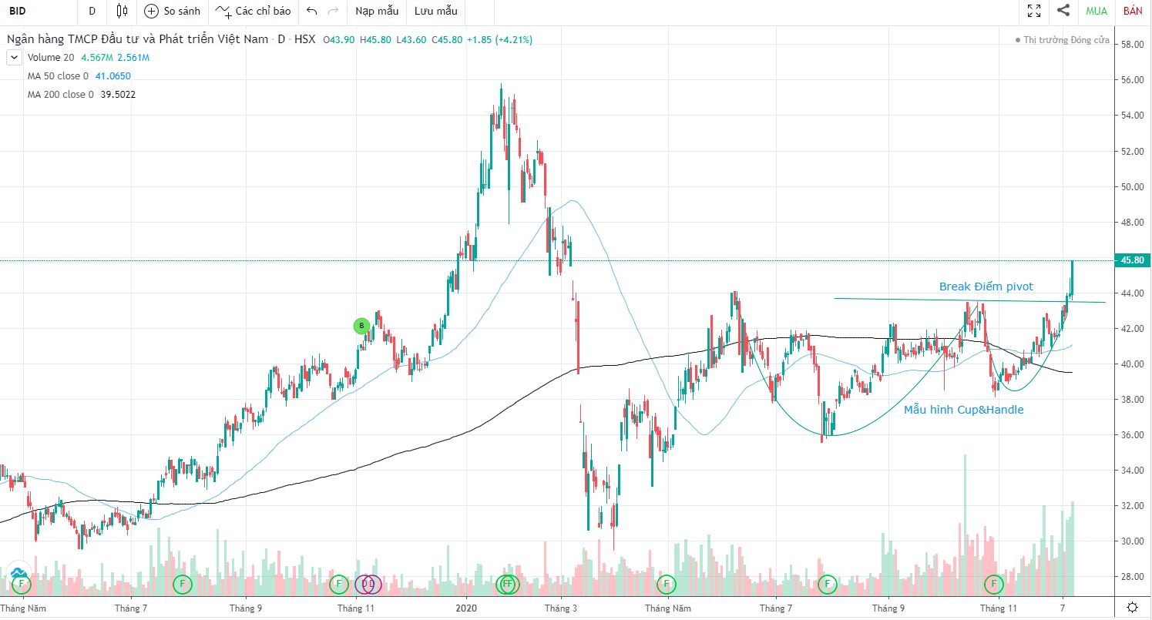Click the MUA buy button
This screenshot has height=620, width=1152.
[1097, 11]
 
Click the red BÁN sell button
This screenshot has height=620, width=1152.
[1133, 11]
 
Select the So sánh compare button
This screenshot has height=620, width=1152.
[173, 11]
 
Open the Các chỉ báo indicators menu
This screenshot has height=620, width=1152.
[254, 11]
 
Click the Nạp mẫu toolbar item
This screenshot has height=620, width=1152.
[377, 11]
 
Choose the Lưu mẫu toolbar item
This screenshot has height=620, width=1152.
[435, 11]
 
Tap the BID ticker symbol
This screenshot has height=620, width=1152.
[18, 11]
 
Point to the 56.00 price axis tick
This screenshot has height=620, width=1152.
[1131, 80]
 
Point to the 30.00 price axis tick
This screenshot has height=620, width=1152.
[1131, 541]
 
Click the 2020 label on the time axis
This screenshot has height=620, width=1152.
[466, 608]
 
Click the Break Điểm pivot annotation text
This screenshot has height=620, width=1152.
[986, 287]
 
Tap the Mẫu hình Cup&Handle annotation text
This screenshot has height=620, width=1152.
[963, 410]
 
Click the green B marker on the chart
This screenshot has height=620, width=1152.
[361, 326]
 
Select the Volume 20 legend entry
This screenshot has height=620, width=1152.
[51, 58]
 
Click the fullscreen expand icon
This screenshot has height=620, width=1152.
[1034, 11]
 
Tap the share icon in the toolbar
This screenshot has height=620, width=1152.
[1063, 11]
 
